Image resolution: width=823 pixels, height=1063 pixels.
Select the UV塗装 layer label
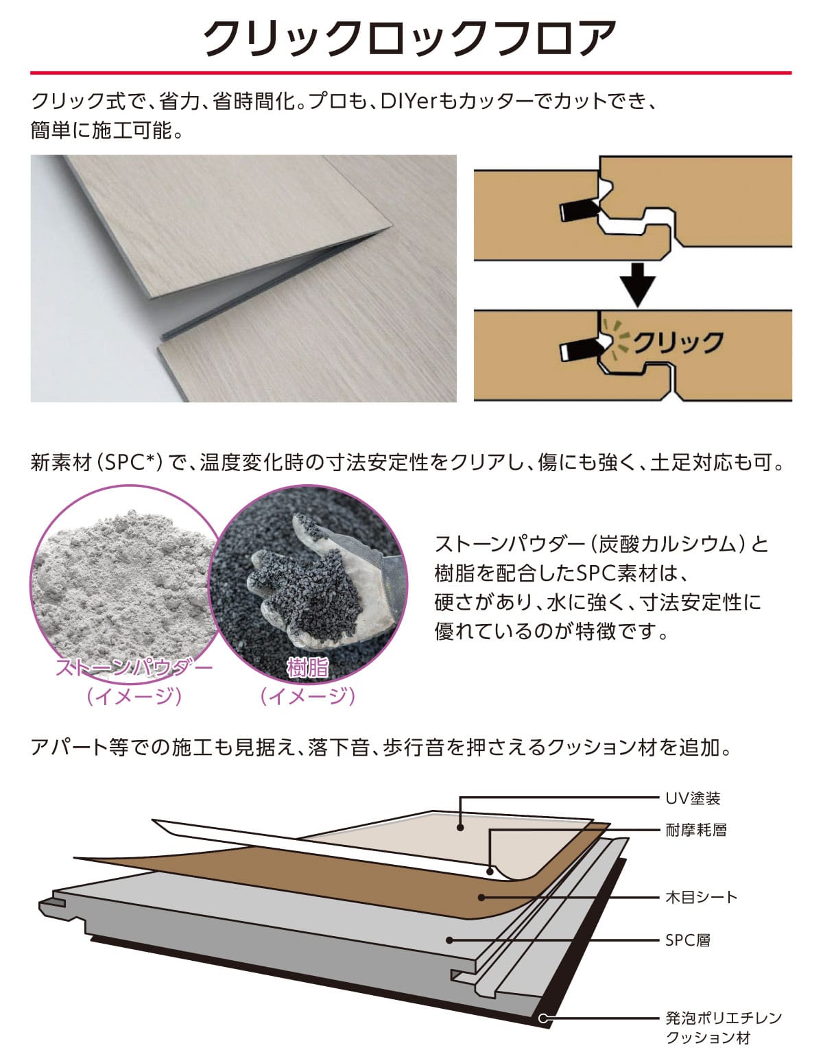pos(693,798)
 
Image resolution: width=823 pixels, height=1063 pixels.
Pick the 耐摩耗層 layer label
pos(696,830)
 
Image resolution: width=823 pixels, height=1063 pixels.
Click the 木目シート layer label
pos(701,897)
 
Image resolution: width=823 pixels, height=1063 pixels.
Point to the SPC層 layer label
pos(687,940)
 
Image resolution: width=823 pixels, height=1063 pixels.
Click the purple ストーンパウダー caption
pos(134,667)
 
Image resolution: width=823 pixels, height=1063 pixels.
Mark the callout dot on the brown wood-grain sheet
pos(482,897)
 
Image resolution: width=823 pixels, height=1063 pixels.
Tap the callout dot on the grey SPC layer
pos(449,940)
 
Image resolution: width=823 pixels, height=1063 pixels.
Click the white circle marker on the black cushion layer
pos(543,1018)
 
